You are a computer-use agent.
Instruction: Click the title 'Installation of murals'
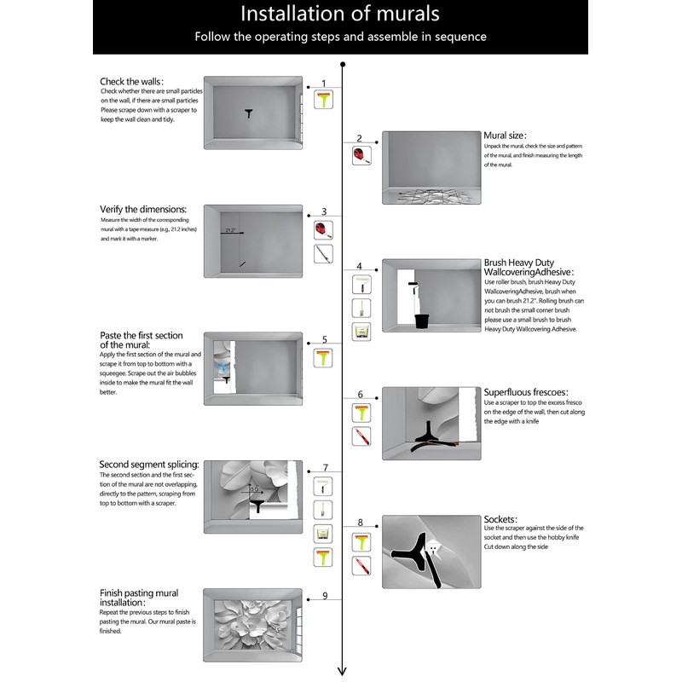340,14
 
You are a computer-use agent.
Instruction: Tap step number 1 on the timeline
324,84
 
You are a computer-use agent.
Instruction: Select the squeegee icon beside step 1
324,101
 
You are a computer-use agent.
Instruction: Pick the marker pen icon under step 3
323,254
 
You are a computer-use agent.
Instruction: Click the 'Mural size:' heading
505,135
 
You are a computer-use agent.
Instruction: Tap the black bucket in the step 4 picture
420,321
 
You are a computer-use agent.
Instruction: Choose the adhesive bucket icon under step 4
361,332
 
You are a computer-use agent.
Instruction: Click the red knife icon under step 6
361,436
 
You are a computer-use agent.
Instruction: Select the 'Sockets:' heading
501,518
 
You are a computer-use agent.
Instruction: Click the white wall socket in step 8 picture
434,546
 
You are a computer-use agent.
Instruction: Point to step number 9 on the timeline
325,595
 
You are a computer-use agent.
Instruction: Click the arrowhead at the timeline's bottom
342,671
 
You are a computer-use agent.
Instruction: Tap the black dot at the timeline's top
342,64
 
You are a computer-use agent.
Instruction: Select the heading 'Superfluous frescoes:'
524,392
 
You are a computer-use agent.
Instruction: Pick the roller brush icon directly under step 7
323,487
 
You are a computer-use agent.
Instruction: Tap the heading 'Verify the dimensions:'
142,209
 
